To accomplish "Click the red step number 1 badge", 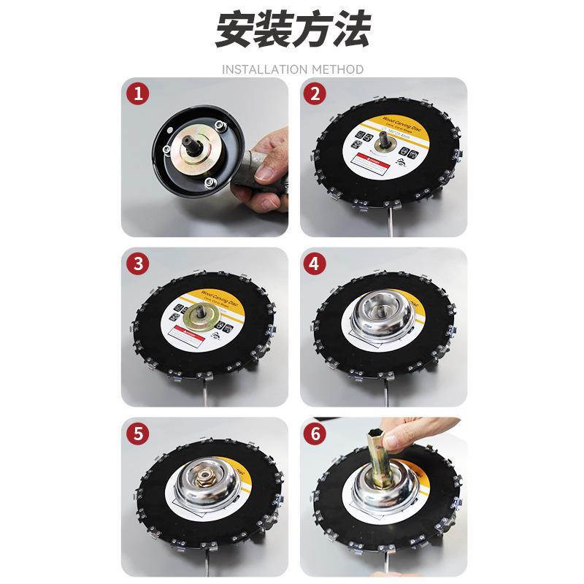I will point(137,93).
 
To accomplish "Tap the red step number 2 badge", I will point(315,93).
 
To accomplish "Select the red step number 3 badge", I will point(137,264).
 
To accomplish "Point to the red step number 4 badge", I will point(315,264).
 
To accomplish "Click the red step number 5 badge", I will point(137,433).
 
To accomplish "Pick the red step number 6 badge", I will point(315,433).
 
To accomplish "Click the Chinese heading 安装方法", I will point(292,31).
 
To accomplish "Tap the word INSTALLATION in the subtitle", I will point(264,69).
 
